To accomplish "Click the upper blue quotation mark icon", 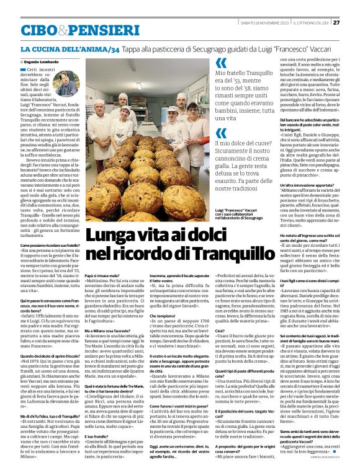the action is pos(221,63).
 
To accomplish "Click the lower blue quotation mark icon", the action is pos(221,133).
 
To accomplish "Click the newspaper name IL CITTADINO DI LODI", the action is pos(310,23).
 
